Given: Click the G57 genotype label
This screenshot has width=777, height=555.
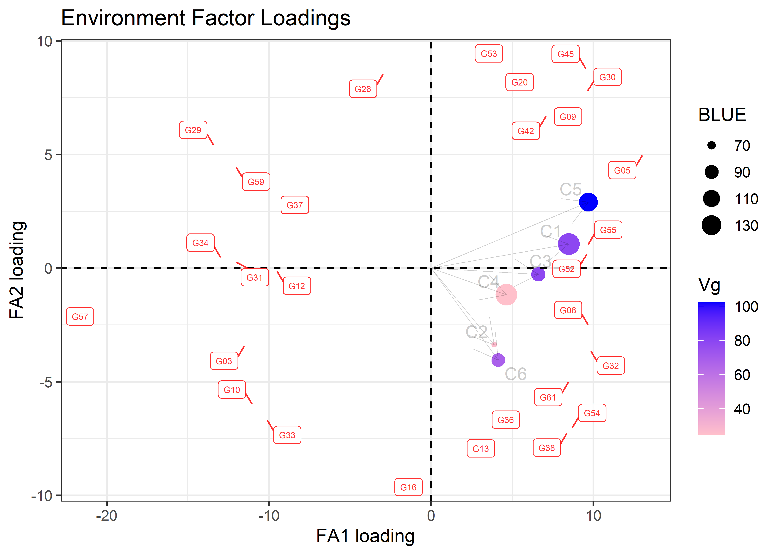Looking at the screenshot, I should [80, 317].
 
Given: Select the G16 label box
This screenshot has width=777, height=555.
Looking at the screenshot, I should [408, 487].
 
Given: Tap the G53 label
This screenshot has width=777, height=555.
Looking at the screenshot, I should [489, 54].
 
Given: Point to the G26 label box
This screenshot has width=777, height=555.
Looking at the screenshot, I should [363, 89].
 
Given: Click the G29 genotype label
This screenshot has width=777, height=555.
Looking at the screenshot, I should [193, 130].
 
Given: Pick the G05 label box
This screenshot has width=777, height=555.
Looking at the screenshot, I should [622, 170].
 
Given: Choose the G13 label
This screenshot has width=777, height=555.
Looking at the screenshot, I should [481, 448].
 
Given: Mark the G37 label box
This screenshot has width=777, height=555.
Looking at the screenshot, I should [295, 205].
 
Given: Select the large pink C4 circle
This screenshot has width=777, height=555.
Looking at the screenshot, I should [506, 294].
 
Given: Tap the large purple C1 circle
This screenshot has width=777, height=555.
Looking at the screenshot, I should [569, 244].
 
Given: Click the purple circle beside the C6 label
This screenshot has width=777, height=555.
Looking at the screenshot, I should [498, 360].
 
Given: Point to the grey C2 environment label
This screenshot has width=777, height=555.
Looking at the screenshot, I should [476, 332].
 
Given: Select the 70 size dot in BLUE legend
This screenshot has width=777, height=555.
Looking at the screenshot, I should [711, 146].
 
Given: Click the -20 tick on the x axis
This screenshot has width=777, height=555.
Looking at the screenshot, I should [107, 515].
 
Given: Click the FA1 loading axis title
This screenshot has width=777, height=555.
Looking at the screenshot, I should [365, 536].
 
